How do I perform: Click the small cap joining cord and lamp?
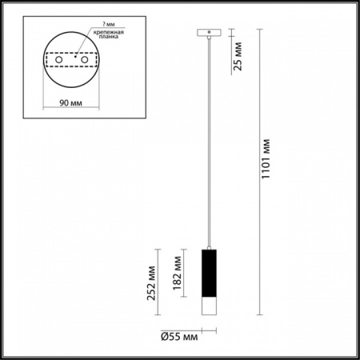point(208,246)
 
